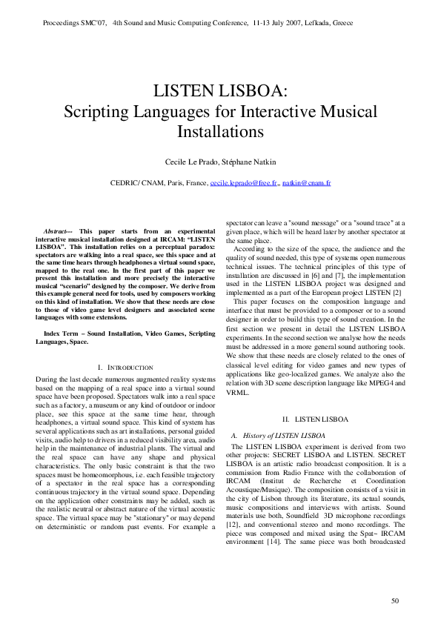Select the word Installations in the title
coord(220,133)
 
